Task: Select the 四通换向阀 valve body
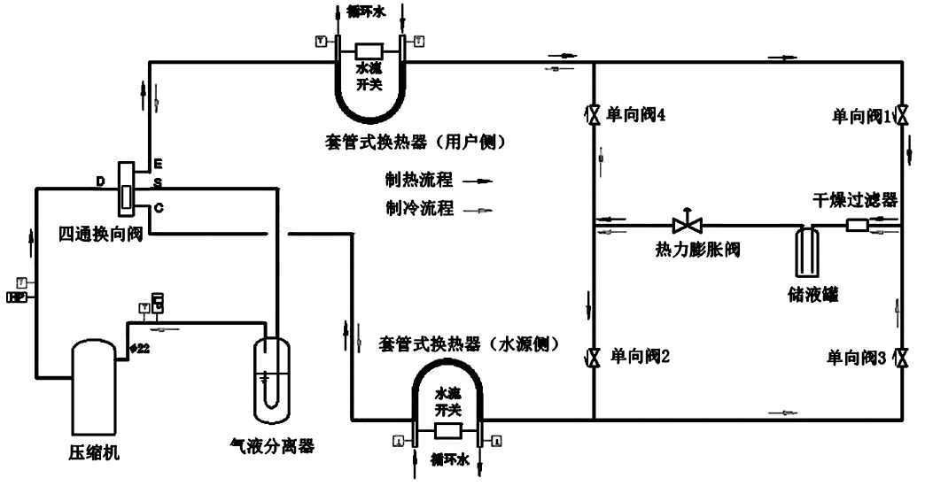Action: click(x=125, y=189)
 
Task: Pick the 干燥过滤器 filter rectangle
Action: click(x=857, y=226)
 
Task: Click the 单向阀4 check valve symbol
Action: click(x=592, y=114)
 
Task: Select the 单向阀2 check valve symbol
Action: click(x=592, y=359)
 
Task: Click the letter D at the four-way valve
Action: click(x=101, y=181)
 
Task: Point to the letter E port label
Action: click(x=158, y=165)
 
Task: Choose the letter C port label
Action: click(x=158, y=207)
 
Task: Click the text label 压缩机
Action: click(x=93, y=454)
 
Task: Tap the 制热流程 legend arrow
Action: click(x=478, y=181)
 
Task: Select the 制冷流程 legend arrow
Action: click(x=478, y=211)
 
